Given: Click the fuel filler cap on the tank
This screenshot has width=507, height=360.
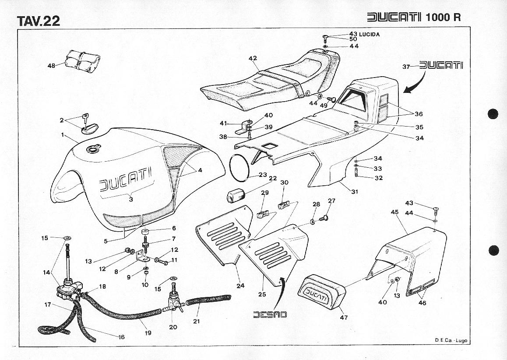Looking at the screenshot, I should click(93, 150).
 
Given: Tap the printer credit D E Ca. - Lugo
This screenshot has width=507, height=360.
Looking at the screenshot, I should click(451, 340).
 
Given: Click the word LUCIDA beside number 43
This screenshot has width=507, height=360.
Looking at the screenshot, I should click(370, 34).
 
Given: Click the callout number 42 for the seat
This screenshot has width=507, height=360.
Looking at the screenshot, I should click(253, 58).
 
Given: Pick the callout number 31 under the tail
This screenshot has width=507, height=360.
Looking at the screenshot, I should click(355, 191).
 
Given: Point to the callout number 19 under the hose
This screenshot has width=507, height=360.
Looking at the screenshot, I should click(148, 333).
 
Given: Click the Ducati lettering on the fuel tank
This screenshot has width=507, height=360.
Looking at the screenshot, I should click(125, 180).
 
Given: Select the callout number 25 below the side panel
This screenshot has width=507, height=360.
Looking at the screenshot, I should click(262, 294).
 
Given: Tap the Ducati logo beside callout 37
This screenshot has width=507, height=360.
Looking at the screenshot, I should click(441, 66).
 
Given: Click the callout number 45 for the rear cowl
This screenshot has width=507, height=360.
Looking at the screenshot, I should click(394, 212).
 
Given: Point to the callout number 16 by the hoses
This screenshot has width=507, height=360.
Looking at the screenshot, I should click(121, 337).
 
